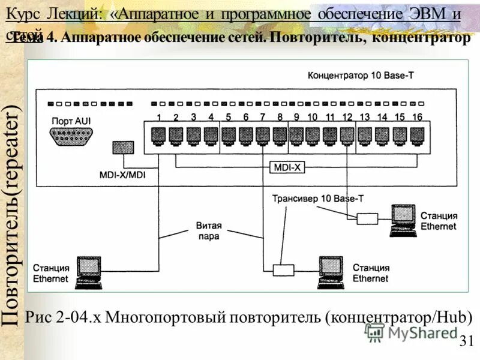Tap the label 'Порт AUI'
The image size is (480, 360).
click(x=71, y=120)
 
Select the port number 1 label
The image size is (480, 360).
click(x=159, y=117)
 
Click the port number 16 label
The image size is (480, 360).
click(x=417, y=117)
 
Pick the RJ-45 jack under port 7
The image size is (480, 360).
click(x=262, y=134)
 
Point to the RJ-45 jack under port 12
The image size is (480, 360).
click(x=347, y=134)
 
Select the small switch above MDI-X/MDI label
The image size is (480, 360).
click(x=122, y=148)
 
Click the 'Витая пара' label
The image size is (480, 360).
click(x=208, y=231)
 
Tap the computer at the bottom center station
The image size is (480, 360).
click(x=329, y=270)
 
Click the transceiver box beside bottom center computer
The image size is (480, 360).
click(x=282, y=270)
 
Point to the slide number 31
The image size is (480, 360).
click(x=466, y=341)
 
